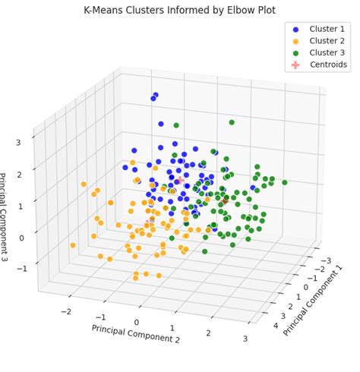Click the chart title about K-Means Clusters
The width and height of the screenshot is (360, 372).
click(x=179, y=10)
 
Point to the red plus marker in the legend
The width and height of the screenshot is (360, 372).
click(x=295, y=65)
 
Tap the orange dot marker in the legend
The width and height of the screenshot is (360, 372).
click(x=295, y=41)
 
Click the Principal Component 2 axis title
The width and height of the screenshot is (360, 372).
click(x=136, y=334)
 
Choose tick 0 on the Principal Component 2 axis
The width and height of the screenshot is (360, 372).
click(x=137, y=323)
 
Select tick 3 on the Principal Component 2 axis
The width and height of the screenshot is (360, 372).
click(x=245, y=338)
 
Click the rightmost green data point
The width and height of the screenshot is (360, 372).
click(x=285, y=182)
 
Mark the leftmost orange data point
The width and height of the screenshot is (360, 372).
click(x=73, y=244)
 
